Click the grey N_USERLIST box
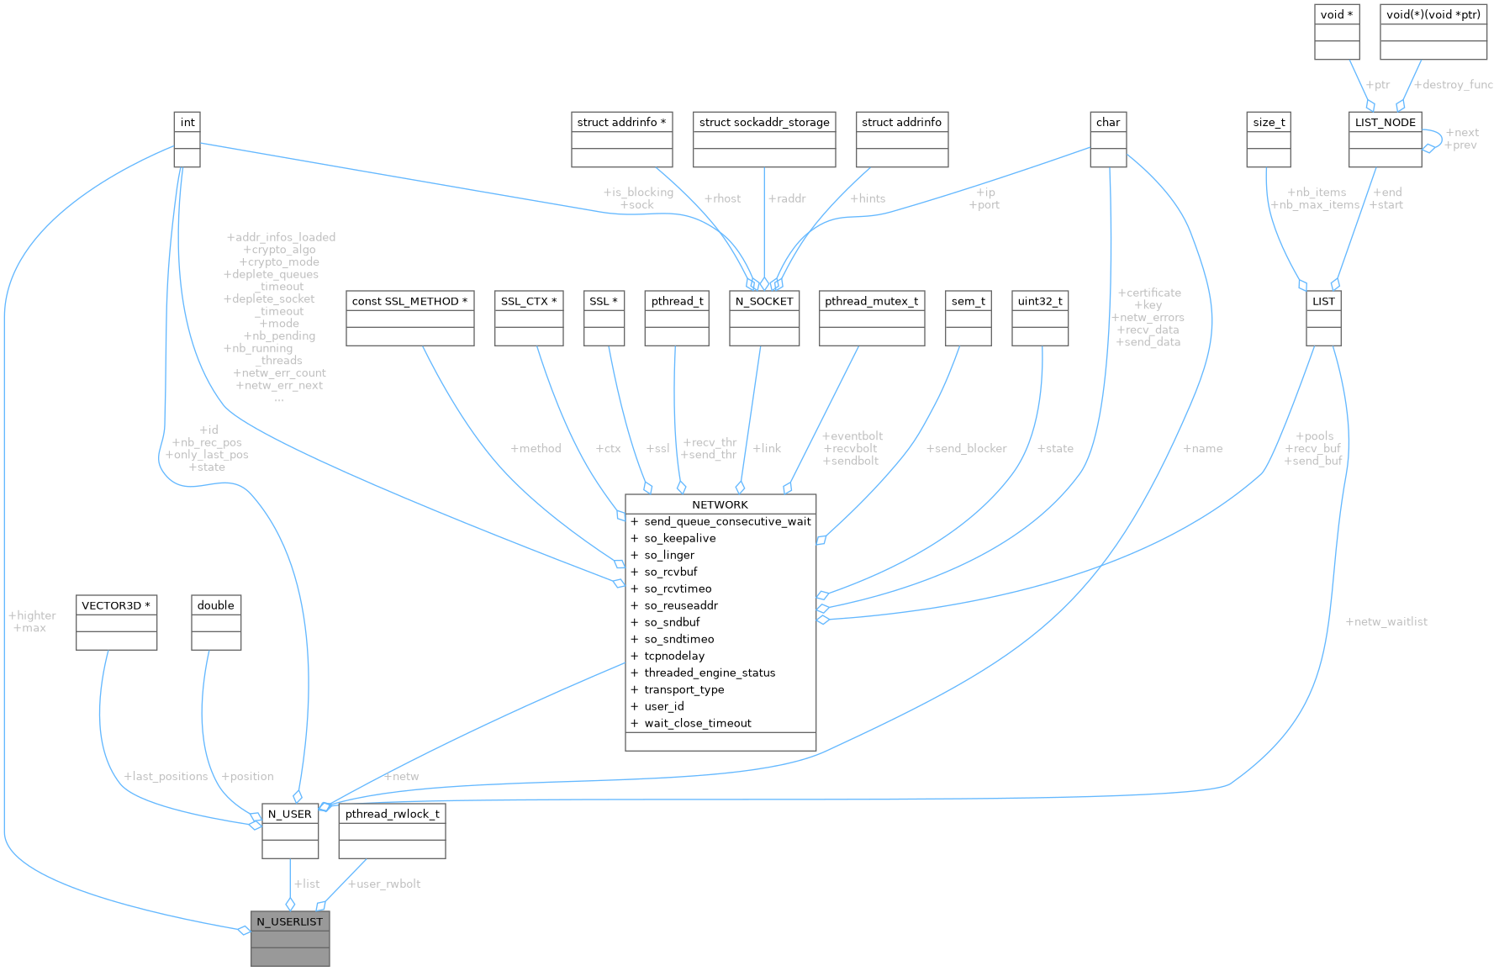point(290,937)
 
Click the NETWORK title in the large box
point(720,504)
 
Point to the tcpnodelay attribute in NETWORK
point(674,656)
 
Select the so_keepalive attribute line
point(679,538)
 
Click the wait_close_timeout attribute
point(697,723)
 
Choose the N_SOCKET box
point(764,318)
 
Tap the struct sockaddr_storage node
point(764,139)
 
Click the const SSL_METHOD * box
point(410,318)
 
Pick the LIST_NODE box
point(1385,139)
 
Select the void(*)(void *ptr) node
point(1433,31)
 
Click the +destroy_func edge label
point(1454,85)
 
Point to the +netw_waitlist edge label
point(1386,622)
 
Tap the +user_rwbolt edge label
point(384,884)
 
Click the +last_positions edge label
point(166,776)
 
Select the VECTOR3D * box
point(116,622)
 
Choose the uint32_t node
point(1040,318)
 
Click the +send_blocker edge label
point(966,448)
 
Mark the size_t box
point(1269,139)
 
